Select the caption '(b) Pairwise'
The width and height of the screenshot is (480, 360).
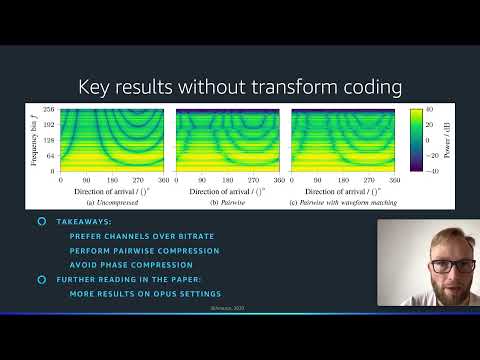227,203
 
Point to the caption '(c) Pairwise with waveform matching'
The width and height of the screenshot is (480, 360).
343,203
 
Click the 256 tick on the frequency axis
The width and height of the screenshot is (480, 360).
46,109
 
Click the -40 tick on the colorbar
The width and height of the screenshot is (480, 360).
426,172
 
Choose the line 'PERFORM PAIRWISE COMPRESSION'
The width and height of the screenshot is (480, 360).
144,250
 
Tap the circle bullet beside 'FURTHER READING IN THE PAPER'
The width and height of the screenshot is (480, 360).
41,280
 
